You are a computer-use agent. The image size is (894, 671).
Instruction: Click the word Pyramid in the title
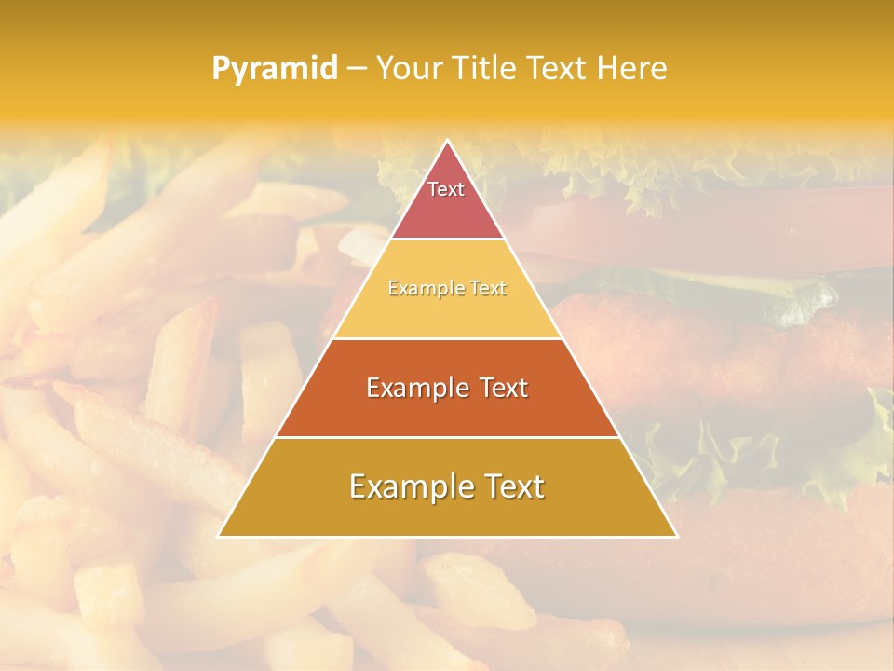pyautogui.click(x=274, y=68)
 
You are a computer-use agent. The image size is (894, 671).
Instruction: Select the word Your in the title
pyautogui.click(x=407, y=68)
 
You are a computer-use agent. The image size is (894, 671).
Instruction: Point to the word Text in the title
pyautogui.click(x=559, y=68)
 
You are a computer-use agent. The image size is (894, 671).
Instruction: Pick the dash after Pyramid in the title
pyautogui.click(x=356, y=69)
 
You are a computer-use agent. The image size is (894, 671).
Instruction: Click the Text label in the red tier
pyautogui.click(x=446, y=189)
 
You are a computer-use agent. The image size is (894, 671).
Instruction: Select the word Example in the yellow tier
pyautogui.click(x=418, y=288)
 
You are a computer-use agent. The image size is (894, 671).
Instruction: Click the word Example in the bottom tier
pyautogui.click(x=407, y=486)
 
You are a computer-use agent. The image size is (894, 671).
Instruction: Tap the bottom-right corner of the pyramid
pyautogui.click(x=675, y=535)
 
